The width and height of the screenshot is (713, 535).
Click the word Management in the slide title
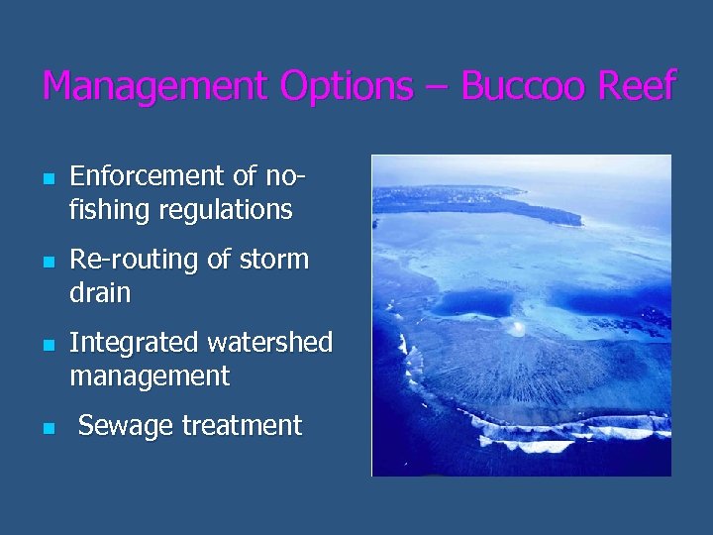(154, 87)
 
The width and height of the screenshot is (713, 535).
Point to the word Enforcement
(149, 176)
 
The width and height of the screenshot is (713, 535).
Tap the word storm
(273, 260)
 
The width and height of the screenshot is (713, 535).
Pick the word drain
(100, 293)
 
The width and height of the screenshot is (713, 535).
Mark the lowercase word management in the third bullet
(150, 376)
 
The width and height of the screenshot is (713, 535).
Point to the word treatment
(240, 426)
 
